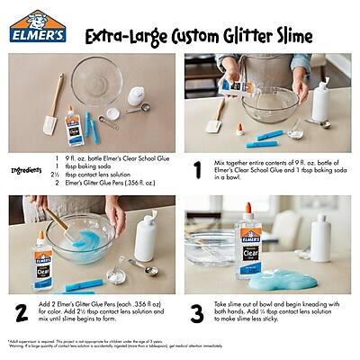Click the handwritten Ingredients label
[26, 169]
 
